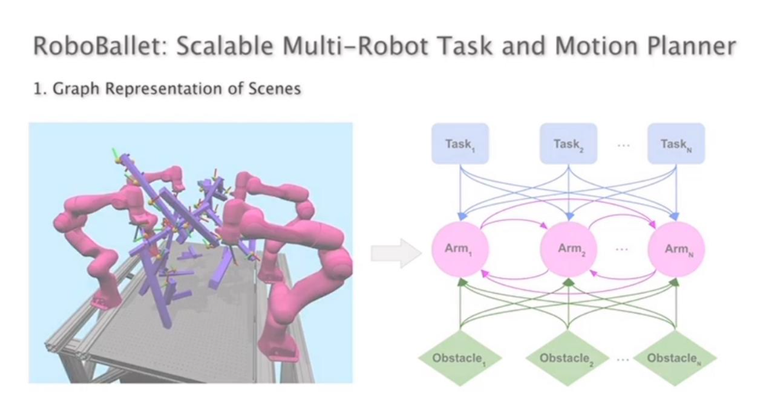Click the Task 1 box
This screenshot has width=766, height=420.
460,144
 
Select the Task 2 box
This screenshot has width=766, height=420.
568,144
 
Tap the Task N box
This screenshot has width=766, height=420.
676,144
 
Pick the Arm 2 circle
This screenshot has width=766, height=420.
568,249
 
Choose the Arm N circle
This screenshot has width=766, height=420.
676,249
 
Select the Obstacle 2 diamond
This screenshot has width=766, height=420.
568,357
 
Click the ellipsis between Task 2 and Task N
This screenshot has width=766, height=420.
623,145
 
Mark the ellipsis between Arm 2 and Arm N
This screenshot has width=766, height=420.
623,250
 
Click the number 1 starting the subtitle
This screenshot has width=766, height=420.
36,89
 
